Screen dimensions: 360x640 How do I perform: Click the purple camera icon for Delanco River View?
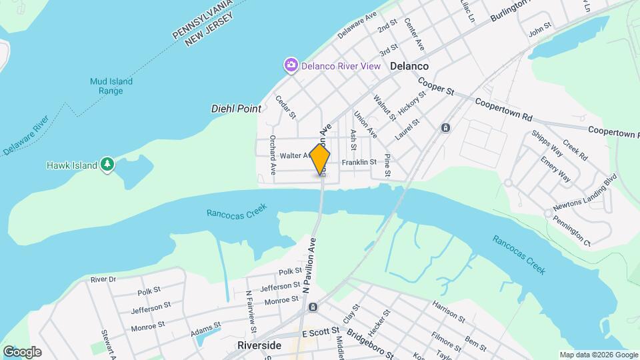[x=291, y=65]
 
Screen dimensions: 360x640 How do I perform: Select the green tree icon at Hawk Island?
[x=107, y=165]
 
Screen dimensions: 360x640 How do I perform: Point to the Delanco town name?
[x=409, y=66]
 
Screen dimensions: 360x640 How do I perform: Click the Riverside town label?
[x=259, y=345]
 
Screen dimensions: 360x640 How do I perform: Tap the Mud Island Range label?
[x=111, y=86]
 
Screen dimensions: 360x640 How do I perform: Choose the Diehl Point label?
[x=235, y=108]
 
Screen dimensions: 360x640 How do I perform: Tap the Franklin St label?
[x=359, y=162]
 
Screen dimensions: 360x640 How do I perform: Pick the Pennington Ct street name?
[x=572, y=230]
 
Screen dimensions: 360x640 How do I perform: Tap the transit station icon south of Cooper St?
[x=445, y=127]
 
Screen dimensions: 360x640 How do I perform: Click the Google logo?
[x=22, y=351]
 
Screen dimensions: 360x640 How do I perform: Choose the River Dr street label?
[x=103, y=279]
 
